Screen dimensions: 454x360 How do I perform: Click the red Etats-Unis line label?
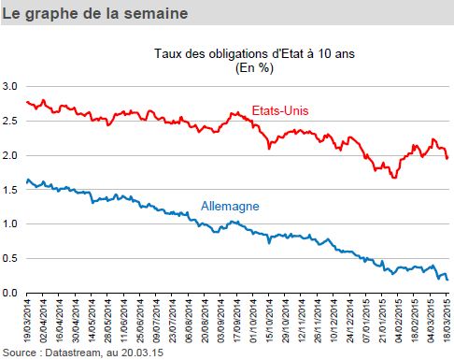click(x=280, y=110)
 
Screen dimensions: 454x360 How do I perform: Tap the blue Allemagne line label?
click(x=230, y=206)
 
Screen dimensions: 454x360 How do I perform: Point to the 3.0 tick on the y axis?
click(x=10, y=86)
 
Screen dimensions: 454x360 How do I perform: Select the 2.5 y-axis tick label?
click(x=10, y=121)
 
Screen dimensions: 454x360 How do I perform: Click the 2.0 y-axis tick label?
click(x=10, y=155)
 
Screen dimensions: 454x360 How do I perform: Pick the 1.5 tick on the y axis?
click(x=10, y=190)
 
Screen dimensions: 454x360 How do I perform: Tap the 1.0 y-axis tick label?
click(x=10, y=223)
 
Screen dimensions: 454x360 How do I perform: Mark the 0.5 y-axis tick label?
click(x=10, y=258)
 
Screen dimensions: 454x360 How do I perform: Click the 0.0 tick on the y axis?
click(x=10, y=293)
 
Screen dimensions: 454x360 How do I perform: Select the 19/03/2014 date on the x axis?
click(x=27, y=321)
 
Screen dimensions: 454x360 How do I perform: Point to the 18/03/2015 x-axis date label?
click(x=447, y=321)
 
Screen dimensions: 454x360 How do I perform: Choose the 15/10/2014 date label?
click(x=269, y=321)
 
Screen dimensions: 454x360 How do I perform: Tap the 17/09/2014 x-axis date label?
click(x=237, y=321)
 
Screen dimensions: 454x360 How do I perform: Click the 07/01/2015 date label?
click(x=366, y=321)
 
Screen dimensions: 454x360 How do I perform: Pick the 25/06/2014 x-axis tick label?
click(x=140, y=321)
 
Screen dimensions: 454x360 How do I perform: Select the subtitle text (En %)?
click(x=254, y=67)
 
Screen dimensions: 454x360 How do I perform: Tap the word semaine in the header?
click(x=156, y=13)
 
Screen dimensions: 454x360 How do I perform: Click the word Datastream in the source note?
click(x=73, y=353)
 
